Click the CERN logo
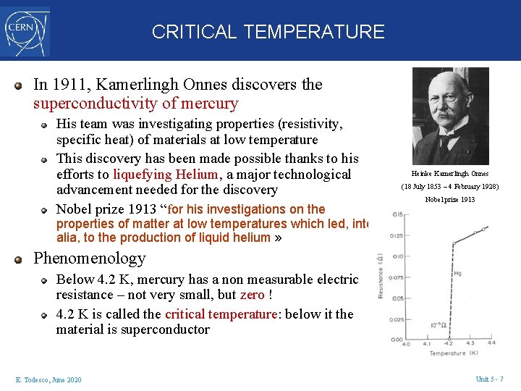pyautogui.click(x=25, y=30)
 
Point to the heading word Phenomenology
pyautogui.click(x=90, y=258)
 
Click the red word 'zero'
pyautogui.click(x=252, y=295)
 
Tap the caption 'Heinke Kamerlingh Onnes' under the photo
pyautogui.click(x=450, y=174)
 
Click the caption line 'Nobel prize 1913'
pyautogui.click(x=450, y=200)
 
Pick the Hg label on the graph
pyautogui.click(x=457, y=273)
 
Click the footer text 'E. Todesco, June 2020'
pyautogui.click(x=48, y=380)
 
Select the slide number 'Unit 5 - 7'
pyautogui.click(x=490, y=380)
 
